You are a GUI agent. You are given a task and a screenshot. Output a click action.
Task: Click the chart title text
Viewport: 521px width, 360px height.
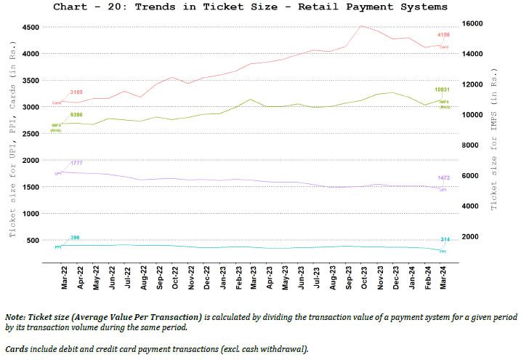pos(260,7)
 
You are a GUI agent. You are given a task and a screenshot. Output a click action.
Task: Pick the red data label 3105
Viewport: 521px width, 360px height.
pos(76,92)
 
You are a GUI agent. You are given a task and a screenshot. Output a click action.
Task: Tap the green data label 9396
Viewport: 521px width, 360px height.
pos(76,114)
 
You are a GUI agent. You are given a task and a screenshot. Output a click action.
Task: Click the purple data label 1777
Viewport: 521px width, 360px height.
pos(76,162)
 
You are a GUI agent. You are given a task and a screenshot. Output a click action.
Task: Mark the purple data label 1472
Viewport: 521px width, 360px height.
pos(443,178)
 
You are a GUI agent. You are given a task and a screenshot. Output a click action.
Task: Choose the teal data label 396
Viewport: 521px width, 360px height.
pos(75,238)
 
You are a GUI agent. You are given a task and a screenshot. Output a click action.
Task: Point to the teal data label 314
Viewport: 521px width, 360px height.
pos(445,239)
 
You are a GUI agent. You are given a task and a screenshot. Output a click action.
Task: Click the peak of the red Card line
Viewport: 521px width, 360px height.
pos(362,26)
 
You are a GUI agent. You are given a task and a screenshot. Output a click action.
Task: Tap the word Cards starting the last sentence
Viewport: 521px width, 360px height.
pos(17,349)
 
